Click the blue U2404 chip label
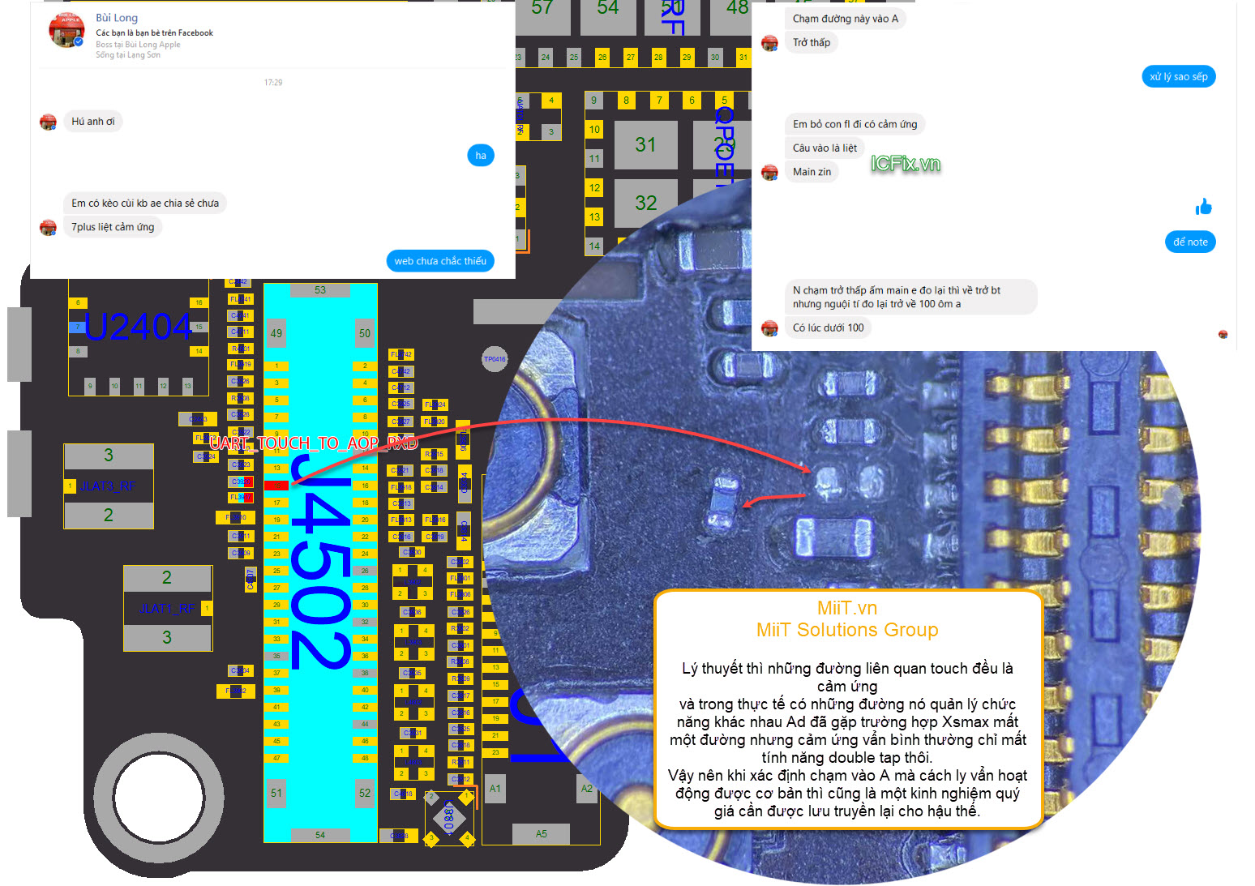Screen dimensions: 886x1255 [138, 327]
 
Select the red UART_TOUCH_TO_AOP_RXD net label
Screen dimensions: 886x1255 [313, 443]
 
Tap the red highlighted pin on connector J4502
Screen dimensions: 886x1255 [276, 486]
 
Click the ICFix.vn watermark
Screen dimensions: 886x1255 [905, 164]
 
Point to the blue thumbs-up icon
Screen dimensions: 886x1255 [1203, 208]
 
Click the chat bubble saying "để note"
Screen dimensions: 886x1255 [1189, 242]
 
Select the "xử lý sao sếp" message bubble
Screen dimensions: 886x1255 [1178, 77]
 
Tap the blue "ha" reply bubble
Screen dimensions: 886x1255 [481, 156]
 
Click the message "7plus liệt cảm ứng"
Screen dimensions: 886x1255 [113, 227]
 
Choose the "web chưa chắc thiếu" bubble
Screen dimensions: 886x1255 [440, 261]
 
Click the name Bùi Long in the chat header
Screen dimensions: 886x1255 [117, 18]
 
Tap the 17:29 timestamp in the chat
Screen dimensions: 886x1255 [273, 83]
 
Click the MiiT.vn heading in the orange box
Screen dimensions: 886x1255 [847, 608]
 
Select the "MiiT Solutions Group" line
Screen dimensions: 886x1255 [847, 630]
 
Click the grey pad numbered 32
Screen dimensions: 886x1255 [645, 203]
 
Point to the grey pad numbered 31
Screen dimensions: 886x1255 [645, 145]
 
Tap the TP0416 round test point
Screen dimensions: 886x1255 [495, 359]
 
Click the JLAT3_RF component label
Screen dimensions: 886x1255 [108, 486]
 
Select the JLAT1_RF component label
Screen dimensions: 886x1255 [167, 609]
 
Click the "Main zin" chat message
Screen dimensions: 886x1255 [812, 172]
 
